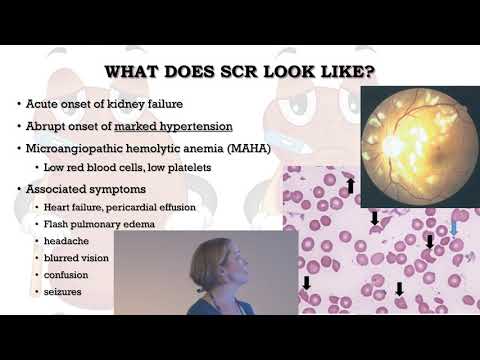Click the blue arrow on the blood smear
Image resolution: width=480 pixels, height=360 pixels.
tap(455, 229)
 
